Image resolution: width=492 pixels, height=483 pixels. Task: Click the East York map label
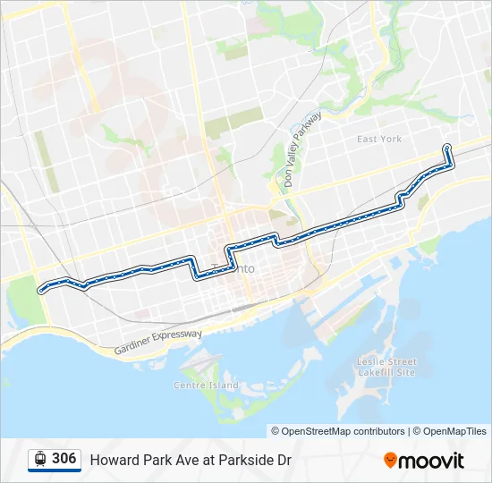point(379,140)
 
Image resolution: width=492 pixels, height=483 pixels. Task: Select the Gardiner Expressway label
point(158,342)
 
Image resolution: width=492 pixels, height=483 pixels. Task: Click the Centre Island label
point(206,386)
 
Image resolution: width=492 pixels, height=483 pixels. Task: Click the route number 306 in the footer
point(64,459)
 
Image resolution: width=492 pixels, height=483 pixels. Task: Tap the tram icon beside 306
point(40,459)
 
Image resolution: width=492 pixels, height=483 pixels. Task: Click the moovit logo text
point(431,461)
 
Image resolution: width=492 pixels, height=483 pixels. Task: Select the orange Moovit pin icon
point(390,461)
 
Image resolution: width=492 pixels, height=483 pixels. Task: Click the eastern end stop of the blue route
point(446,148)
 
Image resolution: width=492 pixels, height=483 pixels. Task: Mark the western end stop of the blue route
point(40,289)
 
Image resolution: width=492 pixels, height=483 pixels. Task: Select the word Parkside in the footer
point(247,461)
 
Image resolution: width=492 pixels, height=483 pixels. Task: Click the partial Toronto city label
point(244,268)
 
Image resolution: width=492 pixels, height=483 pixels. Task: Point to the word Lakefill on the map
point(374,371)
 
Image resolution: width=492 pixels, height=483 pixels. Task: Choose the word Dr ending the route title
point(284,461)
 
